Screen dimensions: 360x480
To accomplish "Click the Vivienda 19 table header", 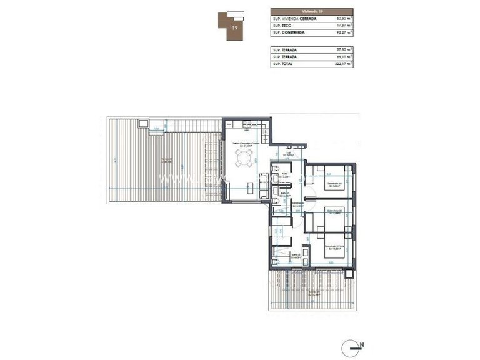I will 312,11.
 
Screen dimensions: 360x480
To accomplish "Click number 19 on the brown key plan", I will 234,28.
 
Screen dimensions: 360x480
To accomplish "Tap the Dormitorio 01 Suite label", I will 331,249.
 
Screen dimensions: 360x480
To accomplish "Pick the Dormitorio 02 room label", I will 331,212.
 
